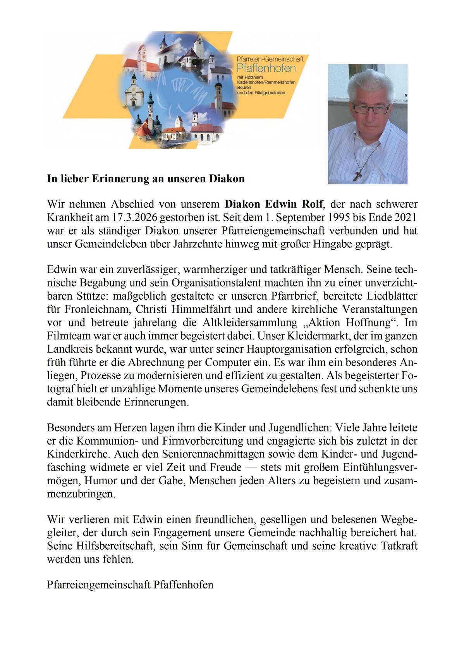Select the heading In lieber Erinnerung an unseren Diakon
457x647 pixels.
(x=146, y=179)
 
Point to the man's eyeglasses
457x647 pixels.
(x=370, y=109)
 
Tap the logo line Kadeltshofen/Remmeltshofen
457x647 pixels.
(x=266, y=83)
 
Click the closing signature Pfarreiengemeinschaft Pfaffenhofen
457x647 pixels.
(x=130, y=585)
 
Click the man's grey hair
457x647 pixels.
(x=368, y=83)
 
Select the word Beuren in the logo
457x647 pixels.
(x=244, y=88)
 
